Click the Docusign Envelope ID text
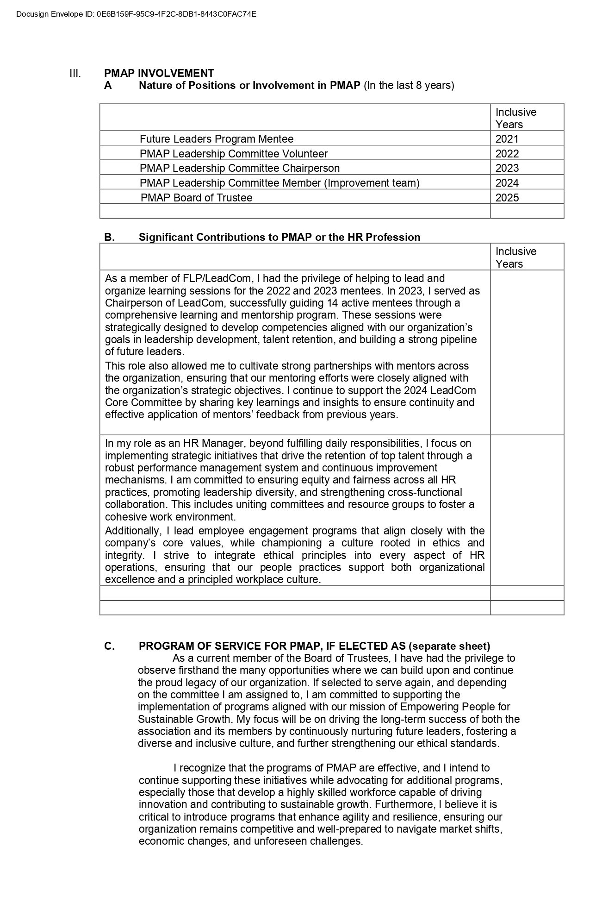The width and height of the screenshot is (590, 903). pos(136,14)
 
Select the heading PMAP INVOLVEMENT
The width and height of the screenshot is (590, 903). pos(159,73)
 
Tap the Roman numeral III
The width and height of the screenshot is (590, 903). pos(75,73)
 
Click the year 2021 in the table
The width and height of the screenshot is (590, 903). pos(507,139)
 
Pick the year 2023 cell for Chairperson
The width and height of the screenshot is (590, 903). pos(507,168)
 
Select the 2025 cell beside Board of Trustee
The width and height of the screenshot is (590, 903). pos(507,198)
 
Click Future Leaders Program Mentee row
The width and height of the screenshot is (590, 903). pos(216,139)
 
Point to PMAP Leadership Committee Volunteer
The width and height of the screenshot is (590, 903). pos(233,154)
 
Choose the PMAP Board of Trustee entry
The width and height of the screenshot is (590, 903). pos(196,198)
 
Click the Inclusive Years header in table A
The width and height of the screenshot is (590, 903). pos(515,118)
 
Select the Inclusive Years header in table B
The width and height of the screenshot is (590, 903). pos(515,257)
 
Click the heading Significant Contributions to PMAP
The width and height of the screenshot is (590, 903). pos(279,237)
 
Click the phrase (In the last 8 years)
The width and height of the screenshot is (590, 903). pos(409,85)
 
